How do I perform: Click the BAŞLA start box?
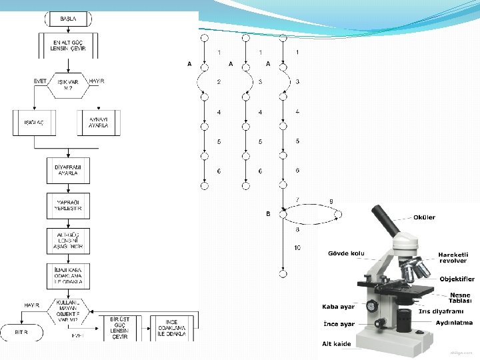coord(67,19)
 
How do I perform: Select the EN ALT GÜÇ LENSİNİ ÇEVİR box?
coord(69,45)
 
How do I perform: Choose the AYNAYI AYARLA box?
coord(99,123)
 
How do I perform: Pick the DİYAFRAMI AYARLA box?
coord(68,169)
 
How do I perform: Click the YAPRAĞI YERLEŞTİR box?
coord(68,205)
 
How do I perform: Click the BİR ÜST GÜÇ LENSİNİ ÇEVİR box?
coord(120,327)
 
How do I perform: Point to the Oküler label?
coord(424,217)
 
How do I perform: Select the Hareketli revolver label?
coord(453,257)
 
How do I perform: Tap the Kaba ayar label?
coord(338,307)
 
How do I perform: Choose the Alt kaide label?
coord(336,343)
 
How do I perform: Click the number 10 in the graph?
coord(297,248)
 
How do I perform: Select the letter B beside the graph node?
coord(268,214)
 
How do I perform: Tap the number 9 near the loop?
coord(331,201)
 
